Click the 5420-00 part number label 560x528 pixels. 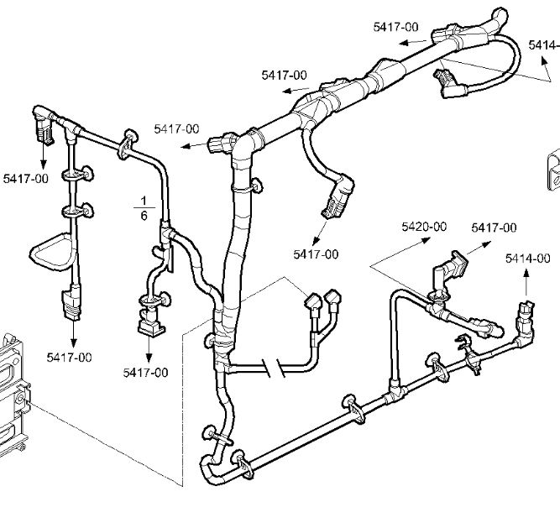click(x=424, y=227)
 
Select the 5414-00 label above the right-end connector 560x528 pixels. click(x=527, y=259)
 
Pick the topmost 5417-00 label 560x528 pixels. click(x=396, y=27)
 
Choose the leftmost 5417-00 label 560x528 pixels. click(x=26, y=178)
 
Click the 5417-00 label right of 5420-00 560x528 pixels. click(x=494, y=227)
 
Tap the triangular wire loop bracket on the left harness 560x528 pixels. click(x=52, y=250)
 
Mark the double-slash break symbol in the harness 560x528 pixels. click(x=270, y=367)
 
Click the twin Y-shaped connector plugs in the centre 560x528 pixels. click(x=323, y=303)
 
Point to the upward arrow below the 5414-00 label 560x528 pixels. click(x=526, y=285)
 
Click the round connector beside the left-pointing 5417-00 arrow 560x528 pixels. click(x=222, y=143)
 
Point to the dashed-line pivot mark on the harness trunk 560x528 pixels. click(x=209, y=340)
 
